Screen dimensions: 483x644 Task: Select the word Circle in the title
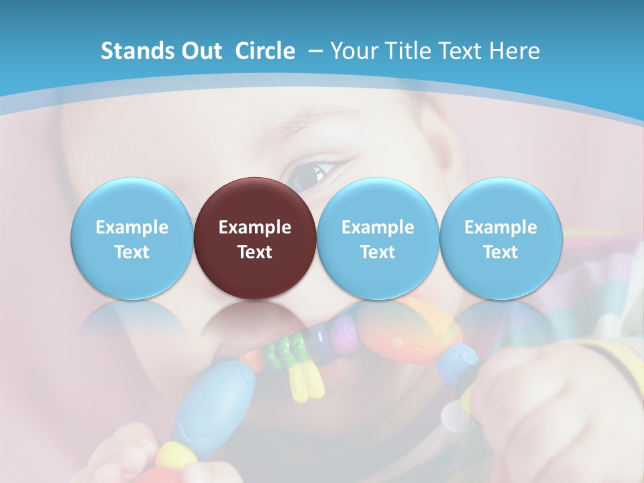tap(265, 51)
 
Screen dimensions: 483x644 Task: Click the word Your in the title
tap(353, 51)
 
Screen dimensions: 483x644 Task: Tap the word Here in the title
tap(515, 51)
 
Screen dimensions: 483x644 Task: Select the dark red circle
tap(255, 238)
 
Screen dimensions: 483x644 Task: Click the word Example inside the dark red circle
tap(255, 227)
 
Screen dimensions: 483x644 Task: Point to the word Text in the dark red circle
tap(255, 252)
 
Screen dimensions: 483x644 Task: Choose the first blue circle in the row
tap(132, 238)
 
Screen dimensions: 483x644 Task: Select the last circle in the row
tap(500, 238)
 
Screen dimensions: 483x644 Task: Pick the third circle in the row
tap(378, 238)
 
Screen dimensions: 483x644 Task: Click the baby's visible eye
tap(310, 173)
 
